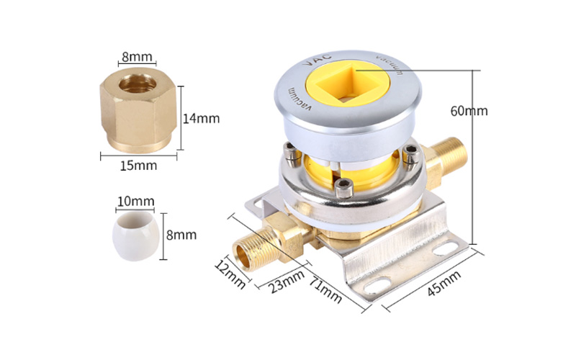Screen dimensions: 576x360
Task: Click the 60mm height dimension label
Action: click(469, 111)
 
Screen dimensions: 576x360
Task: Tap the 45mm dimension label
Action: click(444, 283)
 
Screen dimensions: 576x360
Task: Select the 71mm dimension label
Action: click(325, 290)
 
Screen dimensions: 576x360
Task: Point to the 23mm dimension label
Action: click(287, 282)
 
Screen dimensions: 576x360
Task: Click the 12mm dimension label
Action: click(230, 274)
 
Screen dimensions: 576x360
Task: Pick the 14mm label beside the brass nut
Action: click(202, 118)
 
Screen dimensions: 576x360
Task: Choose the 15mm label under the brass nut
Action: click(138, 166)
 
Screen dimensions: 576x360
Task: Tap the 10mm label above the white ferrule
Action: click(136, 201)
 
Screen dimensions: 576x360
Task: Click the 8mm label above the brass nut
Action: click(137, 57)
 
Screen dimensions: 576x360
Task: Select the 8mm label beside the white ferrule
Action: click(181, 235)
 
